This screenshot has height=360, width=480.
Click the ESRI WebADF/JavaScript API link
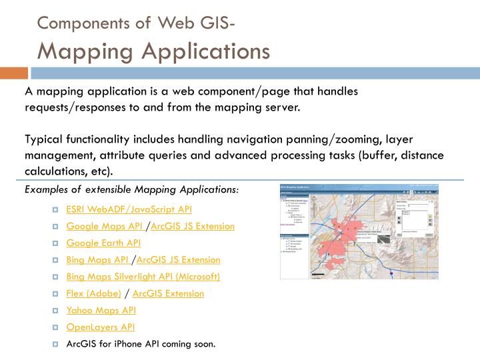click(129, 209)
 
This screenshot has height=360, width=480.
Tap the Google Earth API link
click(103, 243)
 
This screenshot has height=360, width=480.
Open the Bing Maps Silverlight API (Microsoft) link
click(143, 276)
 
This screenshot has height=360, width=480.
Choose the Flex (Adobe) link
click(93, 293)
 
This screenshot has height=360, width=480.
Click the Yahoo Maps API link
click(101, 310)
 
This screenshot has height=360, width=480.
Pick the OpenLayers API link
click(100, 327)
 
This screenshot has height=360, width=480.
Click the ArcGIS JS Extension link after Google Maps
click(193, 226)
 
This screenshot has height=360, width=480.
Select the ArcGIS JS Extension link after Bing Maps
click(178, 259)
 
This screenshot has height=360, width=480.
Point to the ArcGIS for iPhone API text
click(141, 344)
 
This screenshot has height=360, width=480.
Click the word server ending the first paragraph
click(281, 107)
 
